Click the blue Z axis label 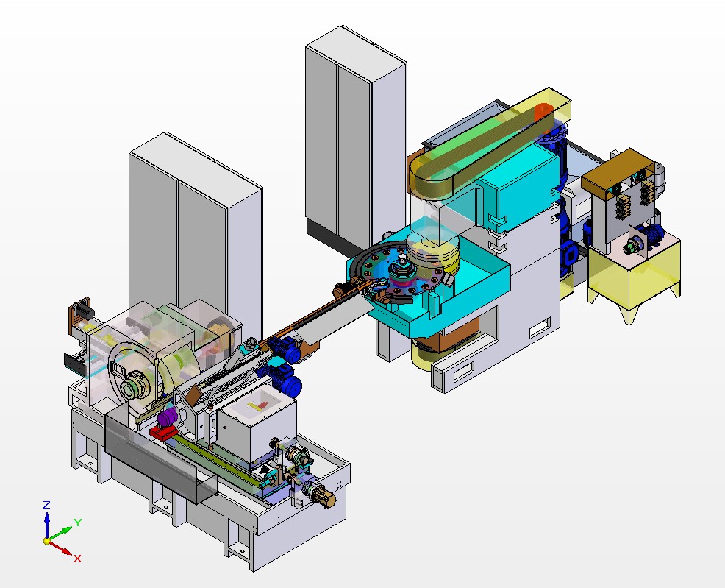click(46, 505)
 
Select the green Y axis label click(78, 523)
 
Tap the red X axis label click(77, 559)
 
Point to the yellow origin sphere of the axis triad click(47, 540)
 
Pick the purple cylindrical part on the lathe click(167, 418)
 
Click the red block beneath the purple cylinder click(162, 433)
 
